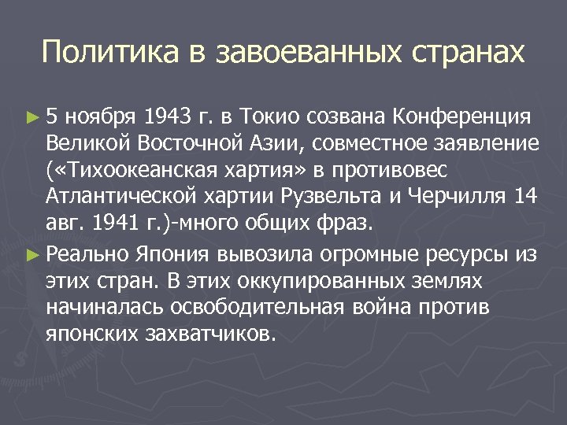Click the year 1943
[169, 118]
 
